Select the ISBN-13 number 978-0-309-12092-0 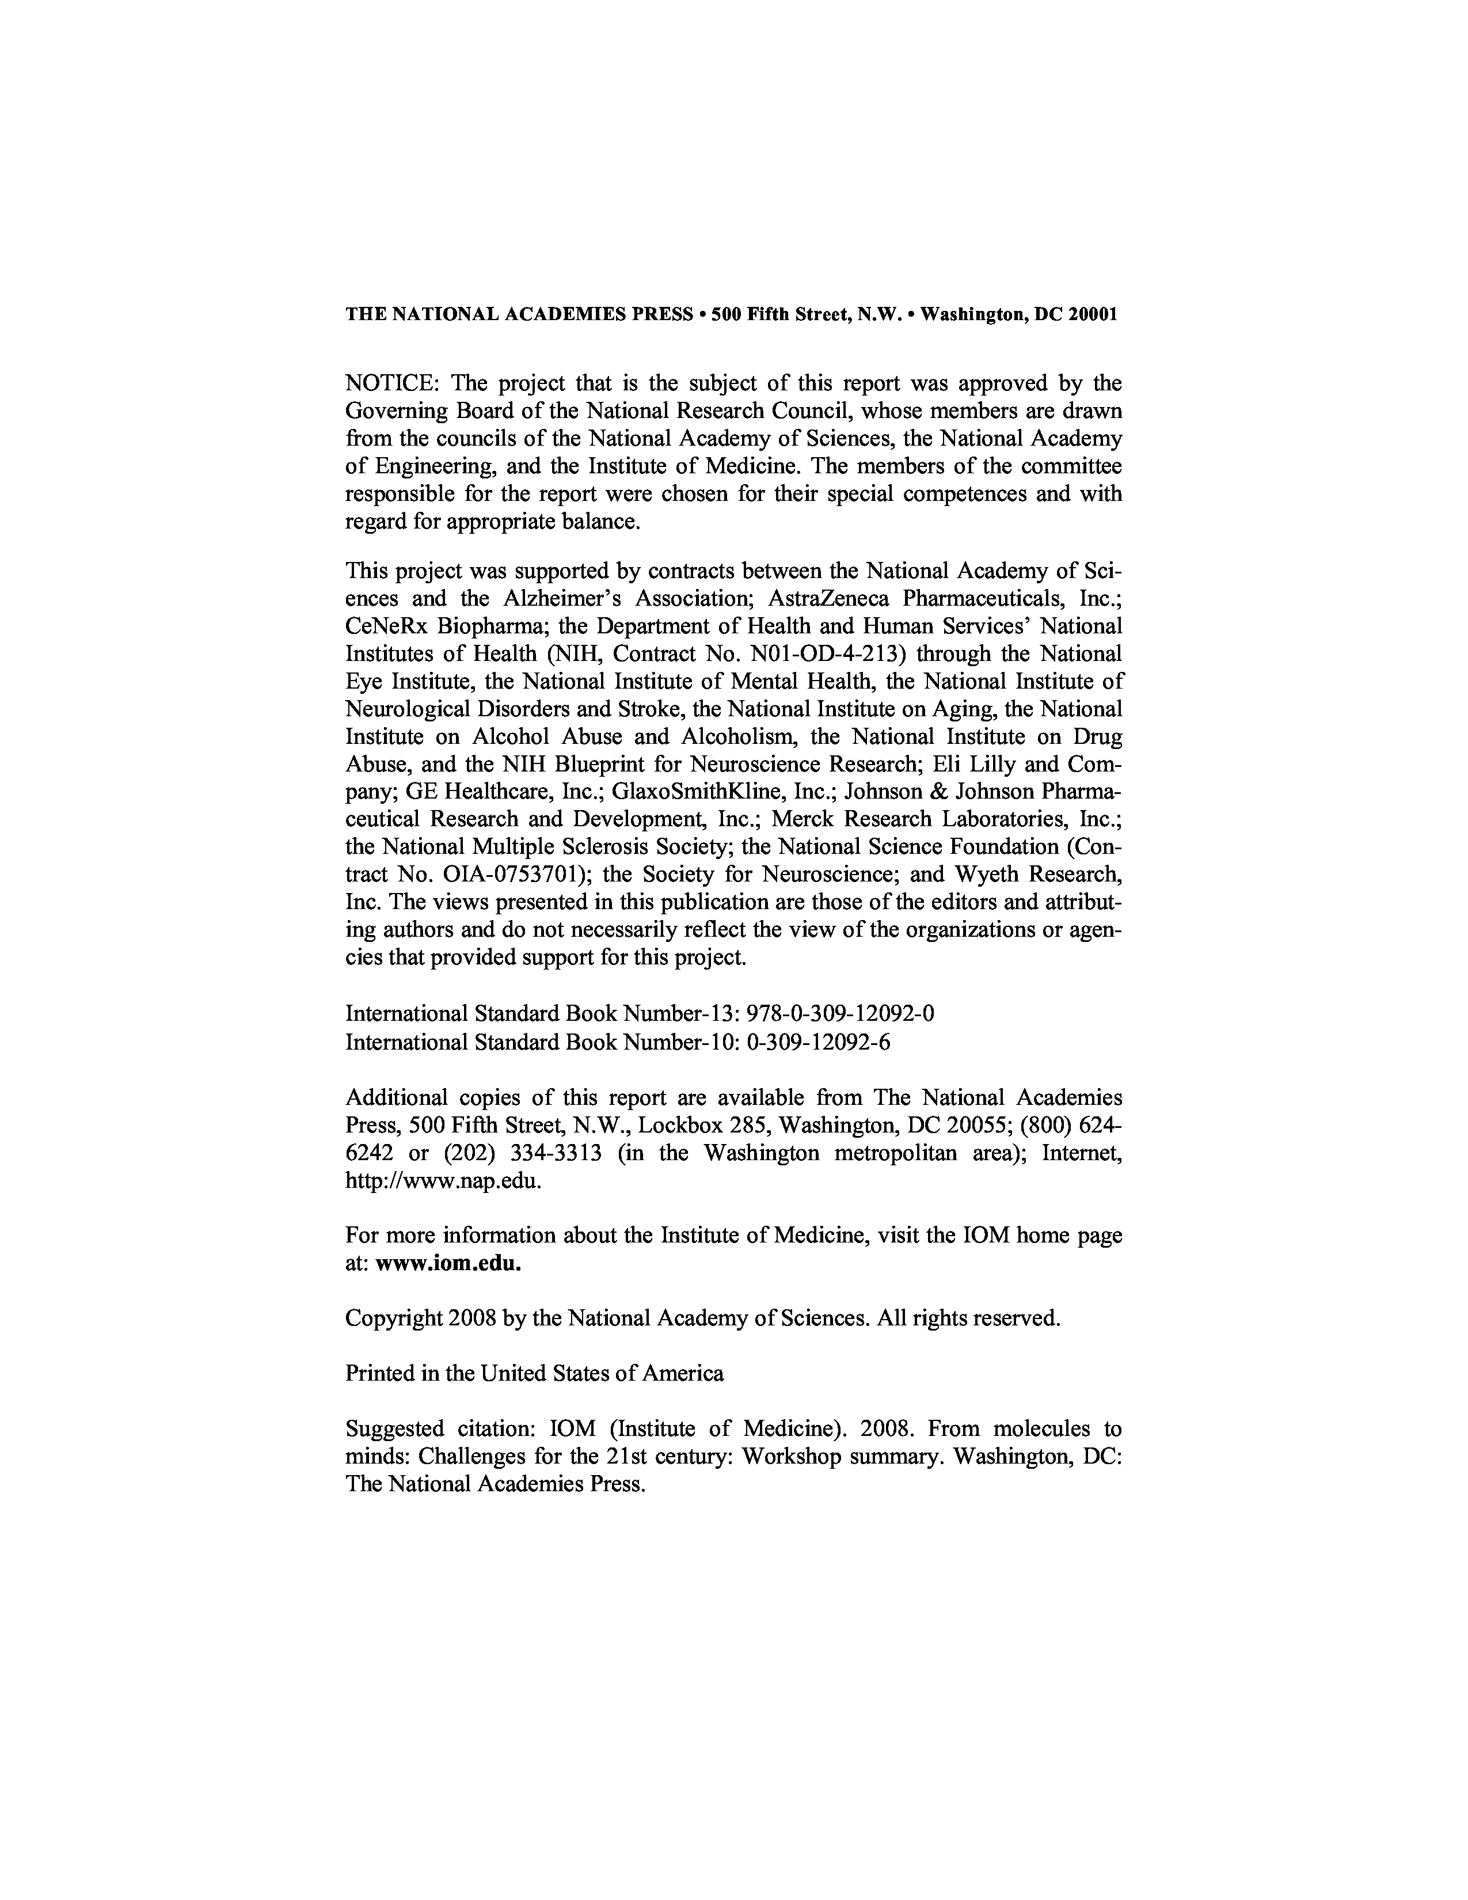(x=840, y=1013)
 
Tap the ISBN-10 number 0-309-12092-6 (x=819, y=1042)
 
